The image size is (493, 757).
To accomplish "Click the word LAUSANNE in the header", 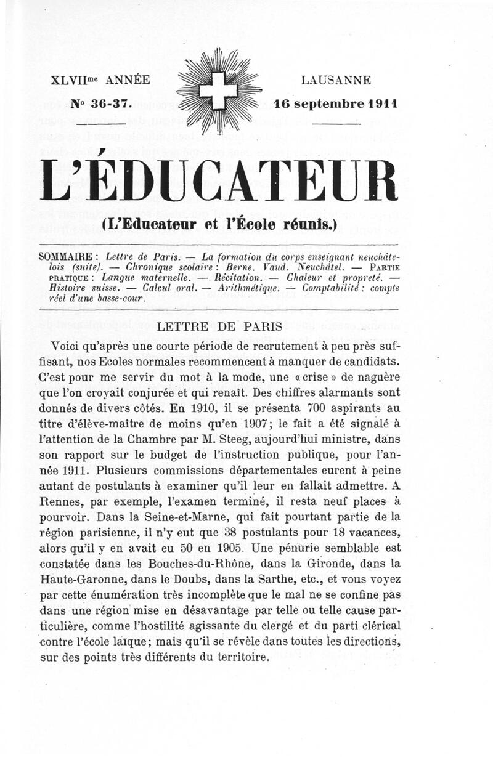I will coord(336,79).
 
